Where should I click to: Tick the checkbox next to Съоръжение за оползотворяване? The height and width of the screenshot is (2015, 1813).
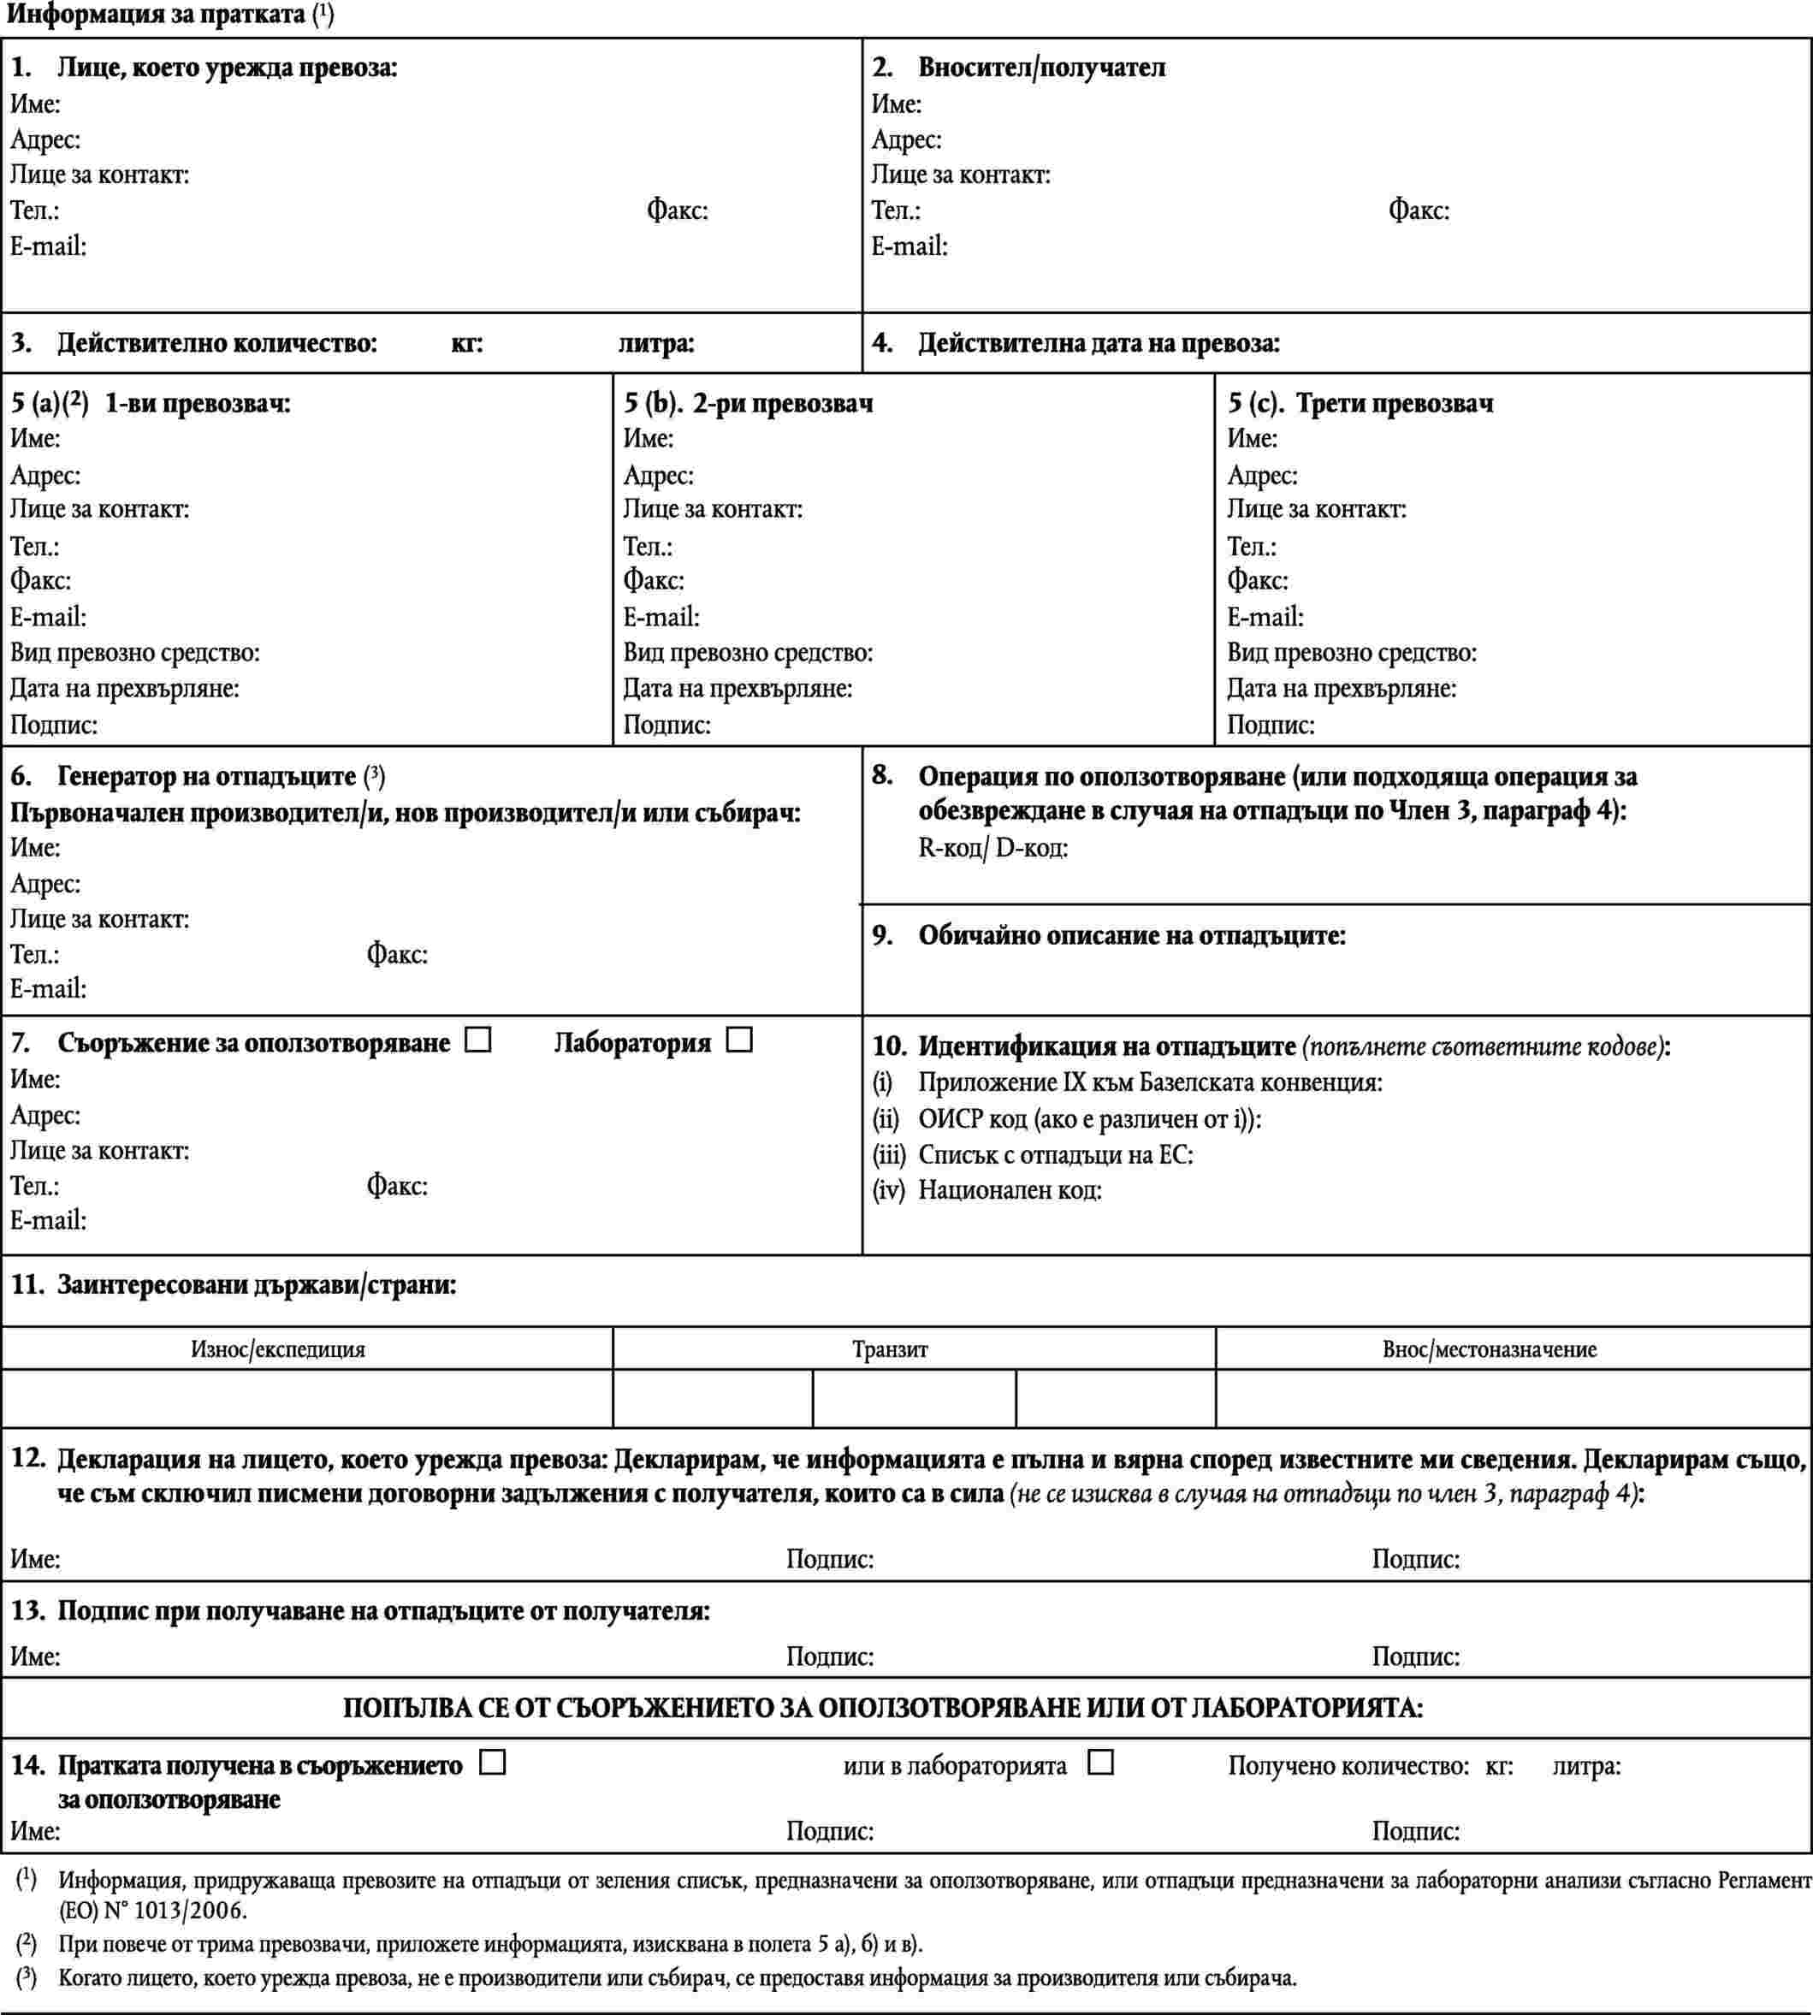coord(479,1040)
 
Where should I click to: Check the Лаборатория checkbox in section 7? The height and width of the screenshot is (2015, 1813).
coord(739,1040)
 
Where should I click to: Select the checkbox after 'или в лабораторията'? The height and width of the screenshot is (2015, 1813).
coord(1099,1762)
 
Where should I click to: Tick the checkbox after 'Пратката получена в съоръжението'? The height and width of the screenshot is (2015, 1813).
coord(492,1762)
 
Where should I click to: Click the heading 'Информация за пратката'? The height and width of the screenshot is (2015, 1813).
coord(156,15)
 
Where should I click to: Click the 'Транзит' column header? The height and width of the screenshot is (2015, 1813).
coord(890,1349)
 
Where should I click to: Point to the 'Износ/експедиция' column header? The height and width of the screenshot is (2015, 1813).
coord(278,1349)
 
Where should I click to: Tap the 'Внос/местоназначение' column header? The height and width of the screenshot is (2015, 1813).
coord(1490,1349)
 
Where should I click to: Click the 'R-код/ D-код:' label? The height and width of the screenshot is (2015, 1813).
coord(993,849)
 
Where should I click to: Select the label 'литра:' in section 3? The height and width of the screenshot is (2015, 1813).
coord(655,344)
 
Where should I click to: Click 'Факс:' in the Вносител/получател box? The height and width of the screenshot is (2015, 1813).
coord(1419,211)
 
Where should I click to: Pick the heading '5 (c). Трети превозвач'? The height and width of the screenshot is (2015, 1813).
coord(1360,403)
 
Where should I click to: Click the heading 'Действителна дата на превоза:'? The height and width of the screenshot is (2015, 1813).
coord(1098,344)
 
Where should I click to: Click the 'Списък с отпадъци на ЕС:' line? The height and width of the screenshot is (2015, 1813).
coord(1055,1155)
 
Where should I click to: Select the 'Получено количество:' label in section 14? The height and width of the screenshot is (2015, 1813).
coord(1348,1766)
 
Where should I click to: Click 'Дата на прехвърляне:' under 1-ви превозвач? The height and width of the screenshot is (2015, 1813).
coord(125,688)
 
